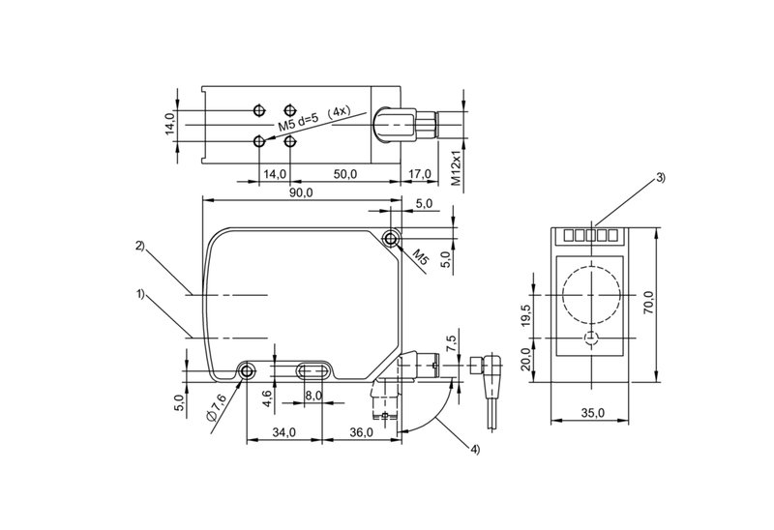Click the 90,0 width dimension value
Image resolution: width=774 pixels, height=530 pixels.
point(301,193)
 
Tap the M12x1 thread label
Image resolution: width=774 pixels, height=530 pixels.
point(456,164)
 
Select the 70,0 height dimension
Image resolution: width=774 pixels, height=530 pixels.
point(648,303)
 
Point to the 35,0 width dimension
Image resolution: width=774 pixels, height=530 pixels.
point(592,413)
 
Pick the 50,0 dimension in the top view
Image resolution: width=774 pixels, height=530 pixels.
point(345,174)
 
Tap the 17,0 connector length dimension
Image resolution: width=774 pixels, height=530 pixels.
point(419,174)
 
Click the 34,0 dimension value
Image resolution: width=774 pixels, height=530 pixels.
point(283,432)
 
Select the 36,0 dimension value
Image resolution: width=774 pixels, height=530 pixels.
point(361,432)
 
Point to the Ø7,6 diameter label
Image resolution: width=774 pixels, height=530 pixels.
point(216,407)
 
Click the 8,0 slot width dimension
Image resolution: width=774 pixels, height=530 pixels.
point(313,396)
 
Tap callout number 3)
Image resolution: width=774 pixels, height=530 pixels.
point(661,178)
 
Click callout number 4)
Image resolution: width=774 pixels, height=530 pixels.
point(474,449)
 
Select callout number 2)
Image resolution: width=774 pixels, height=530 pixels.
point(140,247)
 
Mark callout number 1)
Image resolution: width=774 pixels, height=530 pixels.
point(140,295)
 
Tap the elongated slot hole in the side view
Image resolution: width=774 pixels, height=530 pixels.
point(313,371)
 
